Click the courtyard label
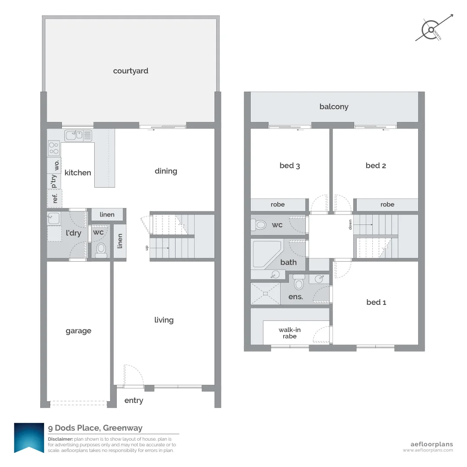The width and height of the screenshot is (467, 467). click(x=131, y=71)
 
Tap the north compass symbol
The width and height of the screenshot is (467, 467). click(x=432, y=30)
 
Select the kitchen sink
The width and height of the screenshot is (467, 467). click(x=78, y=136)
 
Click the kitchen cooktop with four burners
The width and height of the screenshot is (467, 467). click(x=54, y=148)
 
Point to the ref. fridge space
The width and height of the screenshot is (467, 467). click(x=55, y=198)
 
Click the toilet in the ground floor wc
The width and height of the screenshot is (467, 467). click(x=101, y=250)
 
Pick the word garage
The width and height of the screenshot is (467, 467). click(x=78, y=331)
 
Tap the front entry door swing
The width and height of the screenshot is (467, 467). click(x=131, y=374)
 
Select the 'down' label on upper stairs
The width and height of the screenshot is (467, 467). click(x=350, y=224)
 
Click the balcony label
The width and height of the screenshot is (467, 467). click(x=334, y=107)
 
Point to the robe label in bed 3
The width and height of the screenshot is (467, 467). click(x=278, y=205)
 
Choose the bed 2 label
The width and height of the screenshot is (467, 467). click(x=375, y=166)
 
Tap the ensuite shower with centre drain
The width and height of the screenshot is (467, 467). click(x=265, y=294)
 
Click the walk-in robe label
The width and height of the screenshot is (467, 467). click(x=289, y=333)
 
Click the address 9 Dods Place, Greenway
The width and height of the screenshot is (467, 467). click(x=95, y=428)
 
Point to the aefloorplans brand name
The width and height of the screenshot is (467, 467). click(x=431, y=444)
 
